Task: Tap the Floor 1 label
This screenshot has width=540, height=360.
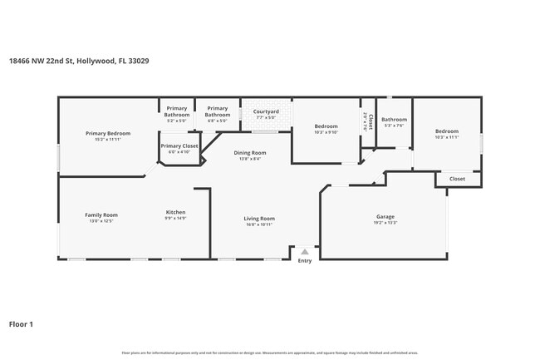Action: (x=22, y=323)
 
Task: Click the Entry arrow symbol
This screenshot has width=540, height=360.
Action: (x=305, y=251)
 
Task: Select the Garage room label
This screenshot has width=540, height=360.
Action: (x=385, y=217)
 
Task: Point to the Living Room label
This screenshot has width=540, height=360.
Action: (x=260, y=219)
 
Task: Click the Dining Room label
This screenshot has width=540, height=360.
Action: (x=249, y=153)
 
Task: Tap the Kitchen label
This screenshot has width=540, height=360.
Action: (x=175, y=212)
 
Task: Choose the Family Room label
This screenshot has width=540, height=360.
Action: (x=101, y=215)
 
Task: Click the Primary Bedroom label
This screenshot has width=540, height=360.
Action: (x=108, y=133)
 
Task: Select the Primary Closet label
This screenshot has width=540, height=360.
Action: (x=179, y=145)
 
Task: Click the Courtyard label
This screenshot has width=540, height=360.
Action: (x=266, y=111)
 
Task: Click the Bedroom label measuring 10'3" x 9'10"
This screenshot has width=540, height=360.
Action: (x=326, y=126)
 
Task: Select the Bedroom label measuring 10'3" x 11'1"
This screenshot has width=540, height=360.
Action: (x=447, y=131)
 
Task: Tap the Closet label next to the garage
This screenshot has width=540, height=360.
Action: (x=458, y=179)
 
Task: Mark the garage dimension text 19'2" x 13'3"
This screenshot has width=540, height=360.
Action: (x=385, y=223)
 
